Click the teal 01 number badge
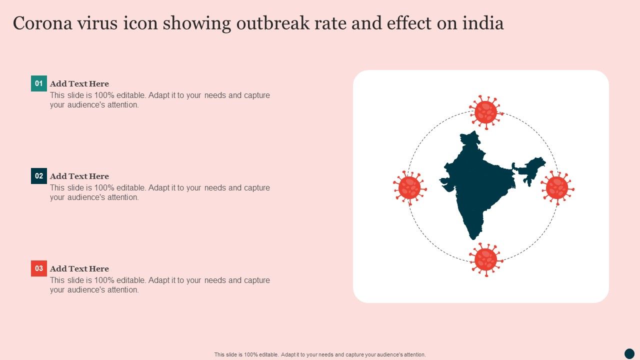[x=39, y=83]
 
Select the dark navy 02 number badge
[x=39, y=176]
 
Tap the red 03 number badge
[x=39, y=268]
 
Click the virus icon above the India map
[x=486, y=112]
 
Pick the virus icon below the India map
[x=486, y=260]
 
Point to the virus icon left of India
[x=409, y=188]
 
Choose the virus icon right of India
[x=557, y=188]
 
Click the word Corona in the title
[x=42, y=23]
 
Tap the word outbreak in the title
[x=273, y=23]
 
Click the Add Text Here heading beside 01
[x=79, y=83]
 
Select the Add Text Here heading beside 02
[x=79, y=176]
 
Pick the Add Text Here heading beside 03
[x=79, y=269]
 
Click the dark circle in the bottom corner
[x=629, y=353]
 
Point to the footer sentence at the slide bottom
[x=320, y=354]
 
